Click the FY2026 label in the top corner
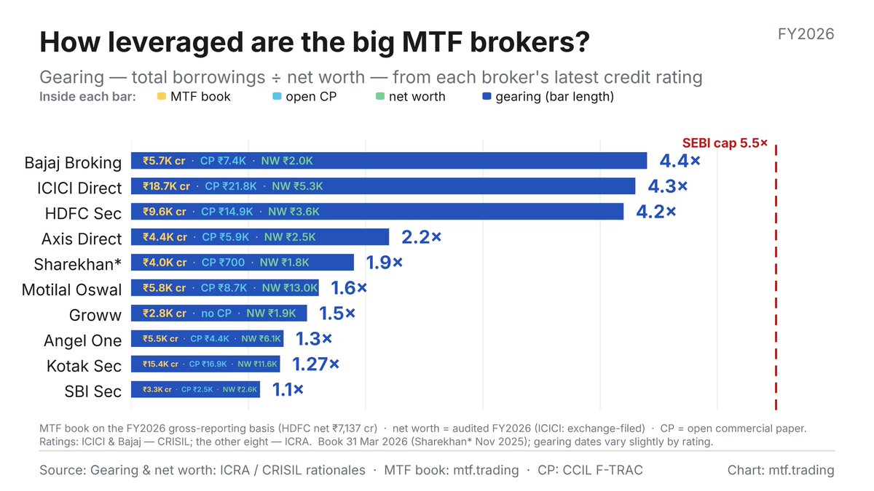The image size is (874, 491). pos(806,34)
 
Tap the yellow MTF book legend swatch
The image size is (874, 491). pos(162,96)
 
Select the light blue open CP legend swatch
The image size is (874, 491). pos(277,96)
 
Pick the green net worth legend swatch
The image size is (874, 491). pos(380,96)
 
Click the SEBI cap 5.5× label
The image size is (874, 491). pos(725,143)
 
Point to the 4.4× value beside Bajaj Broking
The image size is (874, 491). pos(680,161)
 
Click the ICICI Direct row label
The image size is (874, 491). pos(79,188)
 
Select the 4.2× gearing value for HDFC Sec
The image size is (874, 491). pos(656,212)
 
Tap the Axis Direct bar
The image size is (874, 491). pos(260,237)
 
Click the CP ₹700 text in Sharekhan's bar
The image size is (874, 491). pos(223,263)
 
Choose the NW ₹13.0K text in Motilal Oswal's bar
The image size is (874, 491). pos(290,288)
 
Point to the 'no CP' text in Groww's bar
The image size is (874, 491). pos(216,314)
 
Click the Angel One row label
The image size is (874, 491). pos(83,340)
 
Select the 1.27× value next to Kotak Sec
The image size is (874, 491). pos(315,364)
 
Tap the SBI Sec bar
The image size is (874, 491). pos(195,389)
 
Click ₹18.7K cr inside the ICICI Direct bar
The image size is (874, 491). pos(166,186)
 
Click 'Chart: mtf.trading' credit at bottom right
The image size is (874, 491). pos(781,471)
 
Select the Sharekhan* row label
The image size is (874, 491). pos(78,264)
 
